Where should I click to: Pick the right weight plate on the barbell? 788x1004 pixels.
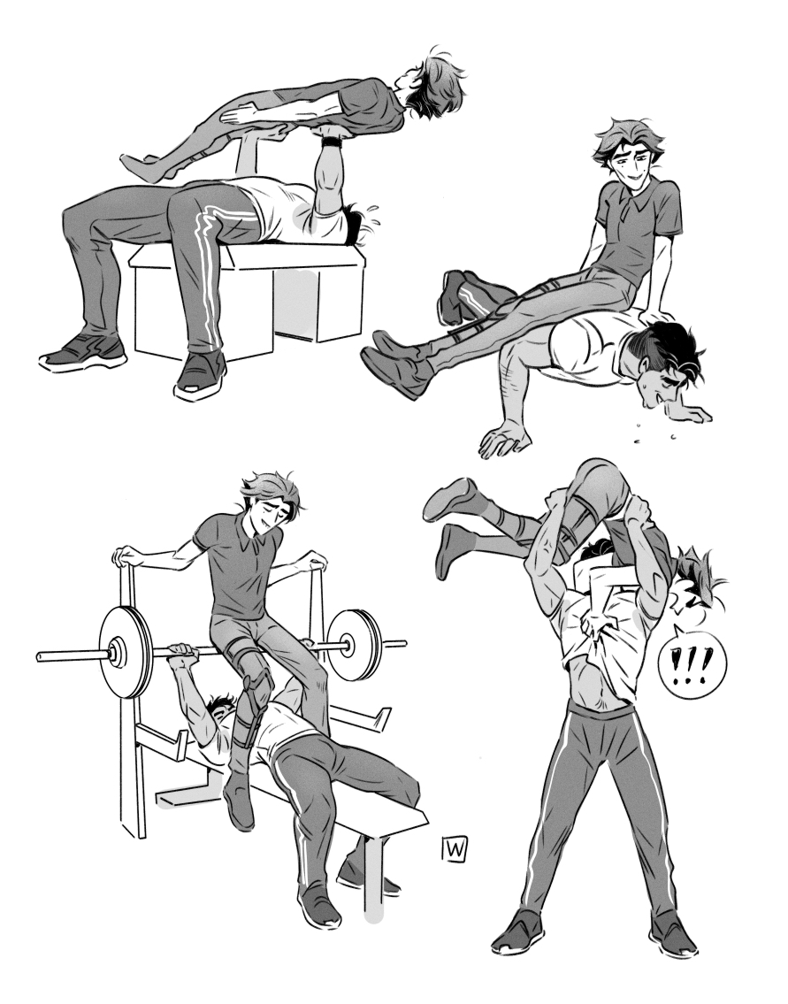point(355,643)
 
